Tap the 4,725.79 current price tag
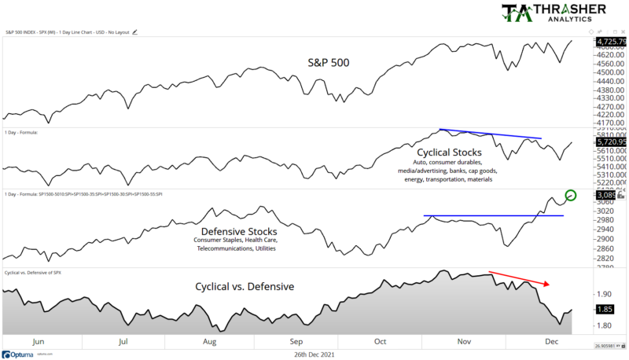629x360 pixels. tap(610, 41)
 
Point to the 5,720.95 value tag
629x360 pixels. tap(610, 141)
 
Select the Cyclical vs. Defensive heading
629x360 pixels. tap(245, 287)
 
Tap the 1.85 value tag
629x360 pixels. tap(605, 310)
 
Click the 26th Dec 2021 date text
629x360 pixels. tap(314, 354)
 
